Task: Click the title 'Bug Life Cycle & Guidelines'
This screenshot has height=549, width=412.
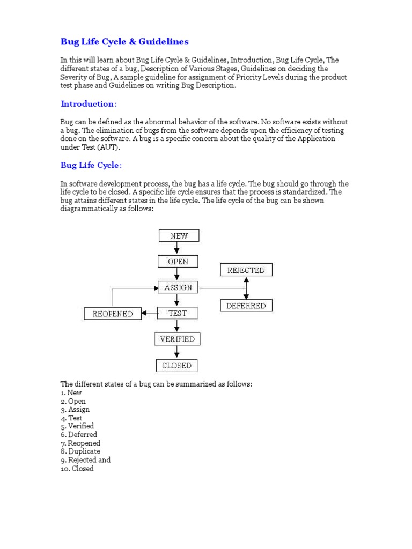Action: coord(124,41)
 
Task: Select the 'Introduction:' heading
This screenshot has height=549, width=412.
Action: coord(88,103)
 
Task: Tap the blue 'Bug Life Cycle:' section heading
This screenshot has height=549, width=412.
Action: coord(91,165)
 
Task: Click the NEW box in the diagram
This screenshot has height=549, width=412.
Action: coord(179,235)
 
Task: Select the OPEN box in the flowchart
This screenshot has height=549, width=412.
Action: coord(178,262)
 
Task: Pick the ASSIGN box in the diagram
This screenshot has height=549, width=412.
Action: coord(178,287)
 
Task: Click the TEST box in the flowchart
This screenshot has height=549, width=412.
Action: coord(178,313)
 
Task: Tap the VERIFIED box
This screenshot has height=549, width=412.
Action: coord(178,339)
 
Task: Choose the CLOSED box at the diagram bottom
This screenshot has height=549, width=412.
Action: coord(177,366)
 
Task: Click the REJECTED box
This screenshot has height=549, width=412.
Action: coord(246,270)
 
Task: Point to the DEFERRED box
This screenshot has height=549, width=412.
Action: coord(246,306)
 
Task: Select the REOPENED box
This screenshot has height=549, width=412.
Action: coord(113,314)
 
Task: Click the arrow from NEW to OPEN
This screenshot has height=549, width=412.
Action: coord(178,248)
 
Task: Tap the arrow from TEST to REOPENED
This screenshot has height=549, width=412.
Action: coord(150,313)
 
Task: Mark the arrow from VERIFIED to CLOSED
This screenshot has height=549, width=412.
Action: coord(178,352)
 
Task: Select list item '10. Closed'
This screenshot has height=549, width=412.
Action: coord(77,469)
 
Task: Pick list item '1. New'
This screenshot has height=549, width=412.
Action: coord(71,392)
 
